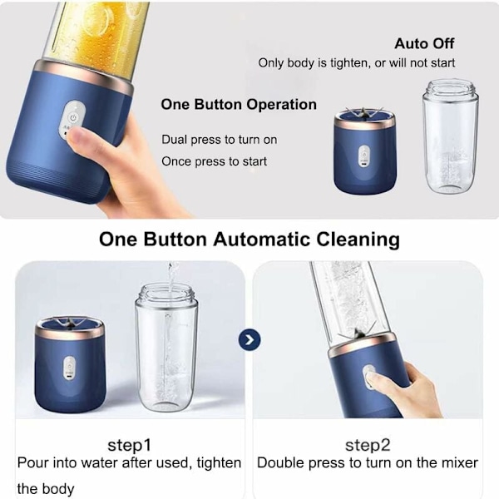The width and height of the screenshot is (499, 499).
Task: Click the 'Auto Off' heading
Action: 424,43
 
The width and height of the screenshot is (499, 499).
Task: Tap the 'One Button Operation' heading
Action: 239,105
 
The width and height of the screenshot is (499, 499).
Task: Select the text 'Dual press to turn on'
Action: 220,140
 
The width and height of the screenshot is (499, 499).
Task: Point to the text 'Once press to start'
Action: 215,161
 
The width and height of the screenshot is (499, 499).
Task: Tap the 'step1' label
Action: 129,445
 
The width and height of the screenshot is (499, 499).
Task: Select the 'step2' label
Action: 368,445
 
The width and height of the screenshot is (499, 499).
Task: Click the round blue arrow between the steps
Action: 249,339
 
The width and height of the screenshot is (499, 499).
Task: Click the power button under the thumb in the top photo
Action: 73,118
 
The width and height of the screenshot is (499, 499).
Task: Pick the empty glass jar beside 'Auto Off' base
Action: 450,136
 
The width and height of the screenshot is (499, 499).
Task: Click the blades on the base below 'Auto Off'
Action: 363,112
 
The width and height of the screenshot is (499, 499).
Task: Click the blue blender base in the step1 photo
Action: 70,365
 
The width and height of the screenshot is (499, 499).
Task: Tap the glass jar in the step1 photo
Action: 166,348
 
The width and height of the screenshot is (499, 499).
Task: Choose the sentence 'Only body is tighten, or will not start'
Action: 357,63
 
